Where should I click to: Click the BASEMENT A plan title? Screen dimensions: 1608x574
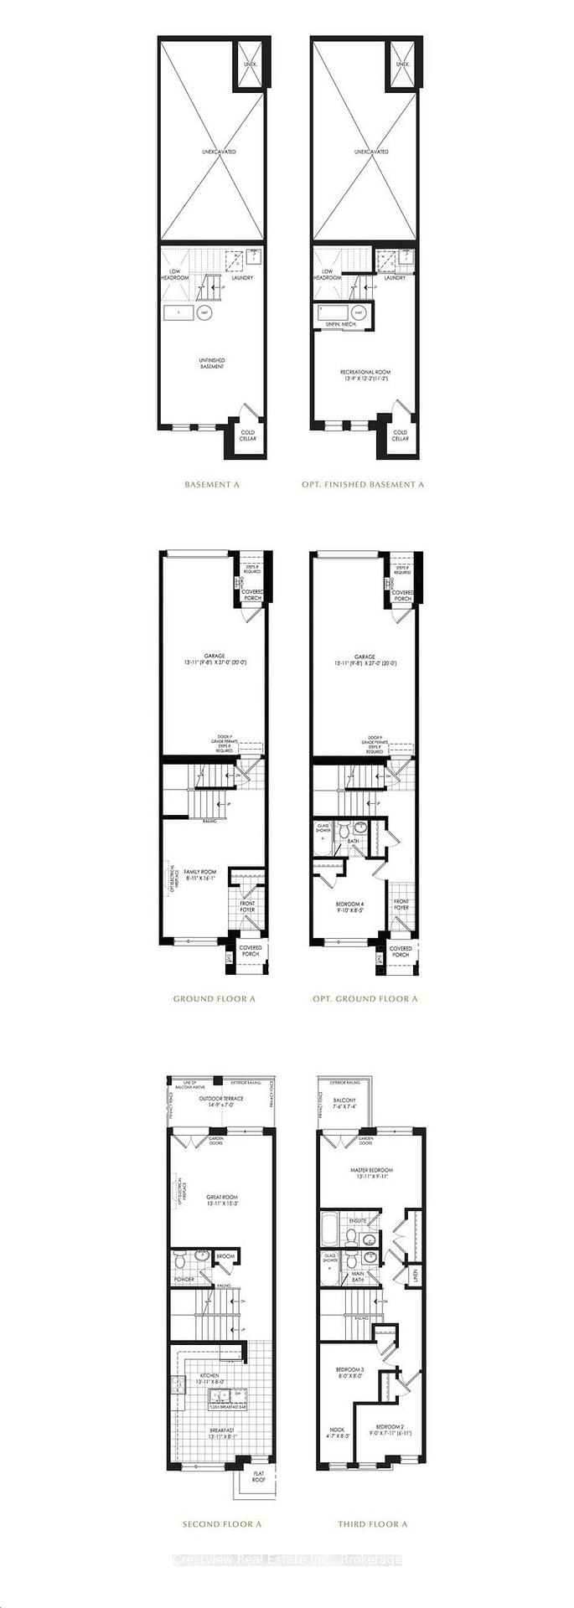pyautogui.click(x=211, y=484)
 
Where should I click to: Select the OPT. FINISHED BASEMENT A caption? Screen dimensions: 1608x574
pyautogui.click(x=363, y=484)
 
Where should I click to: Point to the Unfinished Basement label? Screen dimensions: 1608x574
pyautogui.click(x=211, y=363)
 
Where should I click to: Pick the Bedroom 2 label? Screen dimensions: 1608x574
pyautogui.click(x=390, y=1430)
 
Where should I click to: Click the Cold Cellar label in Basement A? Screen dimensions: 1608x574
pyautogui.click(x=248, y=435)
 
